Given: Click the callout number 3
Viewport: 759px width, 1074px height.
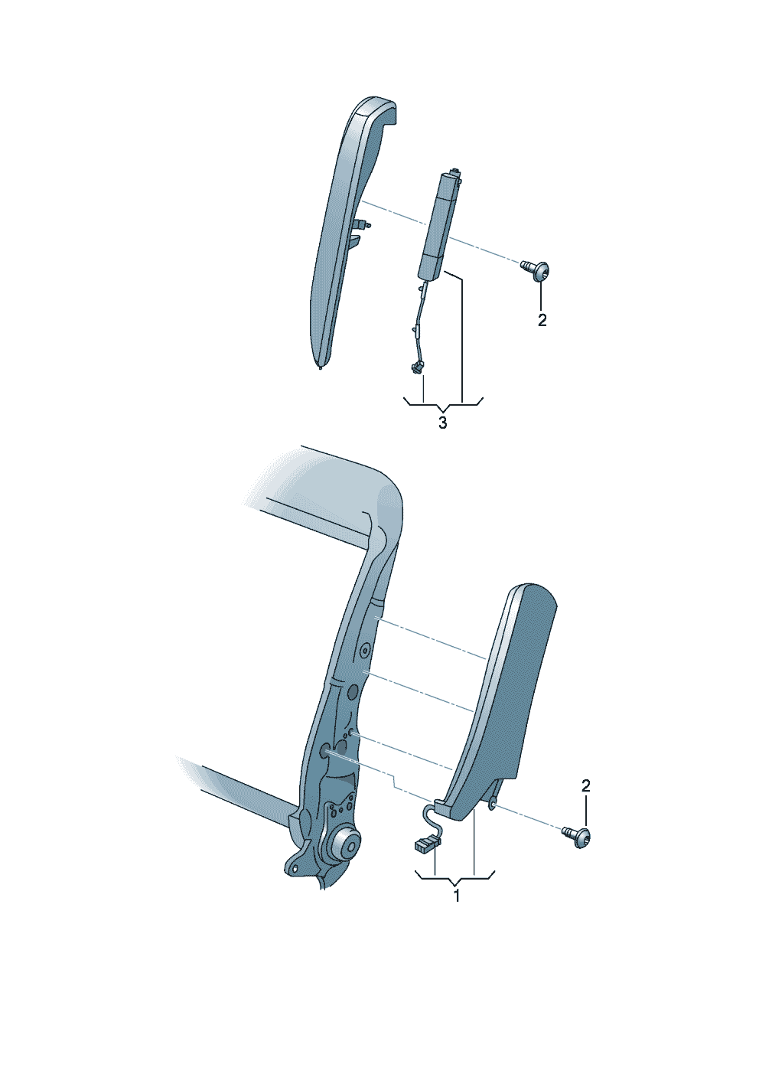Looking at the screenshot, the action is click(442, 423).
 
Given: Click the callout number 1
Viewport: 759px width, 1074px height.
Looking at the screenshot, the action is click(457, 895).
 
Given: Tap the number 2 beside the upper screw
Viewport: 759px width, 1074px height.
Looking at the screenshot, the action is click(542, 320).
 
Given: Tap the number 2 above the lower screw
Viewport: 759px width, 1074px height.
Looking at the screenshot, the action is click(585, 786).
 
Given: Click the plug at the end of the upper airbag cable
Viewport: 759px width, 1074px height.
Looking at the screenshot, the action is click(416, 367).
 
